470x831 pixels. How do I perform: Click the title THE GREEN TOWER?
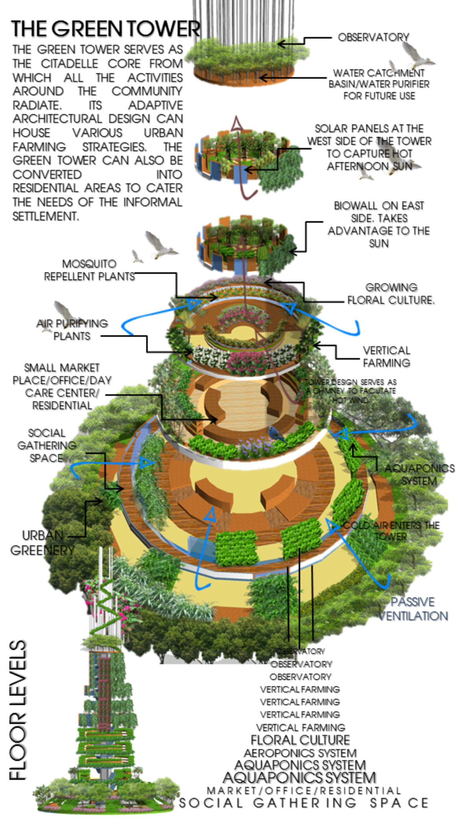click(x=105, y=29)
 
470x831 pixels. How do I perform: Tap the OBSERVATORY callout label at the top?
click(x=373, y=37)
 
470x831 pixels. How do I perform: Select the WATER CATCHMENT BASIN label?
click(x=379, y=84)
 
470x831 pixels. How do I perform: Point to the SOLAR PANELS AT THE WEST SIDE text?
click(x=369, y=147)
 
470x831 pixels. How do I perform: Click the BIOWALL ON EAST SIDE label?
click(x=378, y=224)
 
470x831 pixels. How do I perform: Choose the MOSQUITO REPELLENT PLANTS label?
click(x=89, y=270)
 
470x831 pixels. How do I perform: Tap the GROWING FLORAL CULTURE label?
click(x=391, y=294)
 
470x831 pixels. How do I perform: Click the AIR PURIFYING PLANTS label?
click(x=72, y=330)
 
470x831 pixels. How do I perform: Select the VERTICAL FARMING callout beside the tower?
click(x=386, y=356)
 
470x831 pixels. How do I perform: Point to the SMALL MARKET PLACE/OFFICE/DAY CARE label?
click(x=62, y=386)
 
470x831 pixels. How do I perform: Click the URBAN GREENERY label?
click(x=42, y=543)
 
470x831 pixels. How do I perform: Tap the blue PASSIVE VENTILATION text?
click(x=413, y=609)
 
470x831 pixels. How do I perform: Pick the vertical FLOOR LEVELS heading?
click(x=18, y=710)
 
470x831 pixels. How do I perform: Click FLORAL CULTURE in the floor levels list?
click(x=300, y=740)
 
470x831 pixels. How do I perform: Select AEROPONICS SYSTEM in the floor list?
click(x=300, y=753)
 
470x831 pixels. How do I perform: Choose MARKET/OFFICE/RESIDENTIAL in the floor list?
click(x=304, y=790)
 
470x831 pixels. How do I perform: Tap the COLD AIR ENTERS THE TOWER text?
click(x=391, y=531)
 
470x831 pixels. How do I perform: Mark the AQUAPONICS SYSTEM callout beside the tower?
click(x=419, y=475)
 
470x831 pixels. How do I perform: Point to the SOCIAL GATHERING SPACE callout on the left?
click(x=47, y=445)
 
